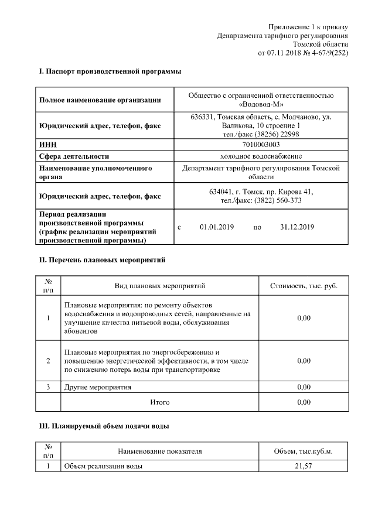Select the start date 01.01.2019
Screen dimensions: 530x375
[216, 227]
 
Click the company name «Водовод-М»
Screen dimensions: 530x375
[261, 105]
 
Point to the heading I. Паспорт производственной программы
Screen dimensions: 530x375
[110, 72]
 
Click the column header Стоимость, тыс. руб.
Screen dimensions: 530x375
[304, 286]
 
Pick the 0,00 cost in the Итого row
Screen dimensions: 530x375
[304, 403]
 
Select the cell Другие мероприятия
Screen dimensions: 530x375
[97, 388]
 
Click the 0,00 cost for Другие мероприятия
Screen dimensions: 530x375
[304, 388]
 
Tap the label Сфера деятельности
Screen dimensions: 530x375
[74, 156]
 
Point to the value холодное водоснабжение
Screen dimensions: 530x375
[261, 156]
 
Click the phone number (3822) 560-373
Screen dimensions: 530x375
[277, 200]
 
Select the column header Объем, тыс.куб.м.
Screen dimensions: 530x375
[304, 452]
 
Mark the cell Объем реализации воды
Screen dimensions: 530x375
[103, 466]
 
